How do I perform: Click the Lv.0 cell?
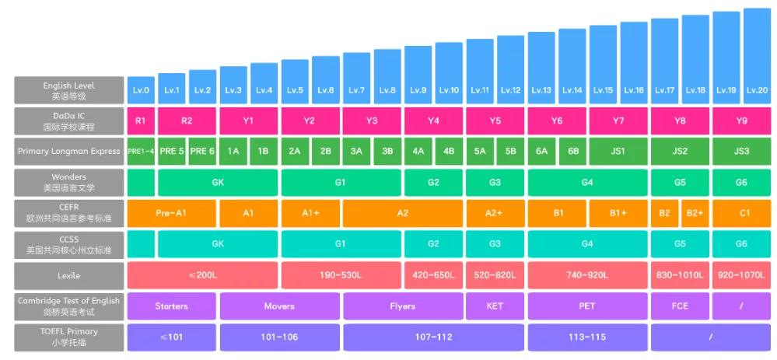141,90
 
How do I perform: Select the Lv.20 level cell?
757,90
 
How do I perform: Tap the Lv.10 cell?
449,90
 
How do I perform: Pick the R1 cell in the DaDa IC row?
141,121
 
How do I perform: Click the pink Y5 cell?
495,121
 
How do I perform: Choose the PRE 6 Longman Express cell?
202,151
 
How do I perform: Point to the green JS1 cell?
618,151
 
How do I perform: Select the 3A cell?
356,151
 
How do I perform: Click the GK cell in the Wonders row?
218,183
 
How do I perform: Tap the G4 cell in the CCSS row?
587,243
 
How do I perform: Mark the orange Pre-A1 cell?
171,212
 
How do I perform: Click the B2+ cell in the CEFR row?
695,212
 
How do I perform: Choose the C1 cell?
741,212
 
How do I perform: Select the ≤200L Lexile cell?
202,275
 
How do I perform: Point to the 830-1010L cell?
679,275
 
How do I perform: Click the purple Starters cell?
171,306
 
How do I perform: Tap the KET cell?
495,306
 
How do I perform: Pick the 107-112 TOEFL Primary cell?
433,337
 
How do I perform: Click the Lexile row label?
69,275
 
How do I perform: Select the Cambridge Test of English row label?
69,306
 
